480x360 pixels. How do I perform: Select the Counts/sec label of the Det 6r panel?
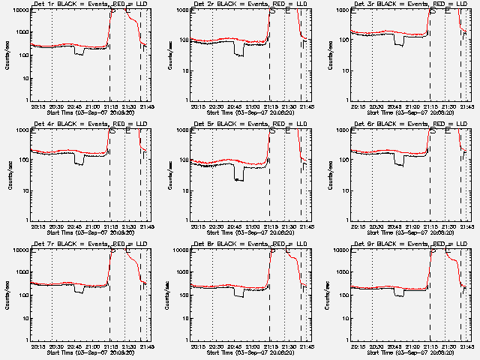click(x=329, y=173)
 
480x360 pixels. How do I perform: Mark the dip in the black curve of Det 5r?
click(x=239, y=178)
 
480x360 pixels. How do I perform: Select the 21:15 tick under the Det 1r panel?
click(x=110, y=107)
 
